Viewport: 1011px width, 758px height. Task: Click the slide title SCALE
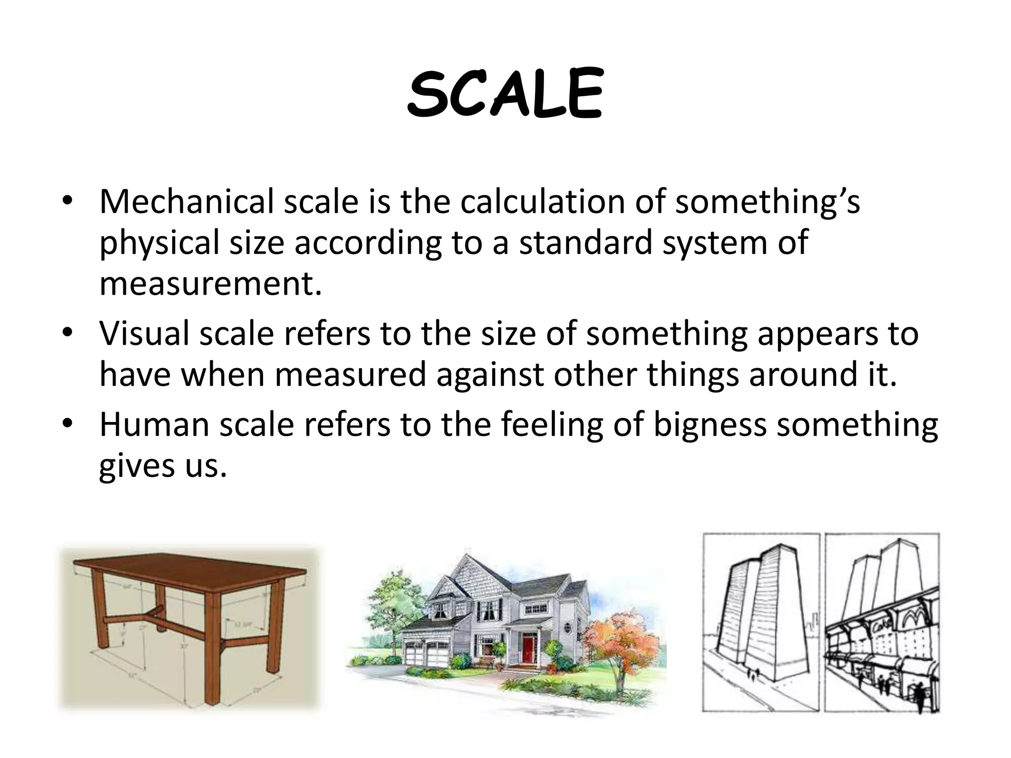click(505, 95)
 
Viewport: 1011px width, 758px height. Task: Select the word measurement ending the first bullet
click(210, 285)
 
